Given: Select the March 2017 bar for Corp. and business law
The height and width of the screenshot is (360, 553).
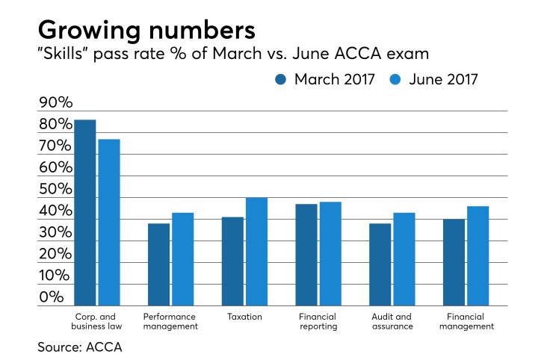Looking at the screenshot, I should (x=84, y=213).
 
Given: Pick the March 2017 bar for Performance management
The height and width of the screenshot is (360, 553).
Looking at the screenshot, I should (x=158, y=264).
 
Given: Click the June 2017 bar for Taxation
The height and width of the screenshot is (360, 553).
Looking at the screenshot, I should (x=256, y=252).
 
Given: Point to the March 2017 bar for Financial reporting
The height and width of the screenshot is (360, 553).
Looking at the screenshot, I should (x=306, y=255).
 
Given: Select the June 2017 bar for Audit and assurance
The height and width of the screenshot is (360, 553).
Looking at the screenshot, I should (x=404, y=259).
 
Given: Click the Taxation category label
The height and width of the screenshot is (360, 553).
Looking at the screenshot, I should (x=244, y=317).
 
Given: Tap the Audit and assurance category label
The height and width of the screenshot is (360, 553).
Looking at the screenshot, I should (x=391, y=321).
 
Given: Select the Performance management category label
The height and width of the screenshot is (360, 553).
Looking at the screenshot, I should (x=171, y=321).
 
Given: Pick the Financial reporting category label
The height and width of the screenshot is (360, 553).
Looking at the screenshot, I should (x=318, y=321).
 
